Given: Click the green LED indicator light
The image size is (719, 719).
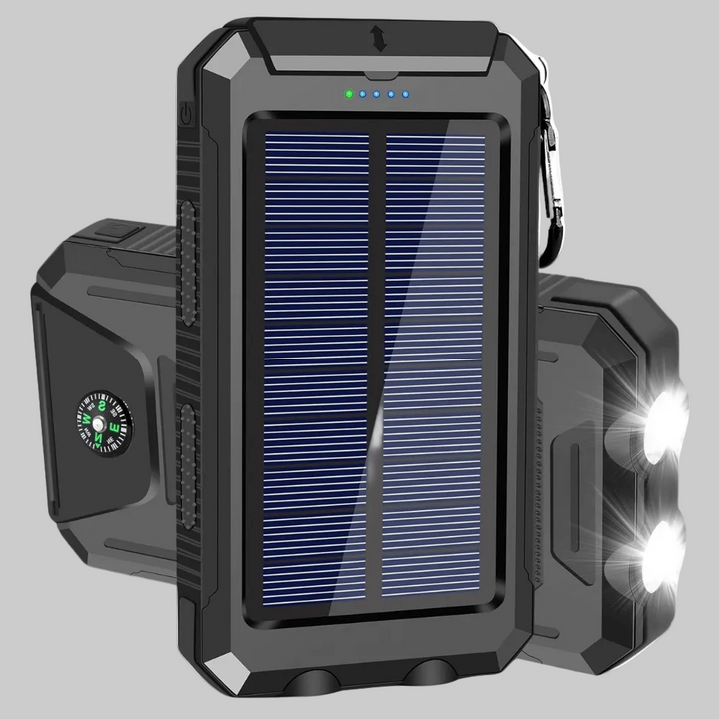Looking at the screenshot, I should (347, 96).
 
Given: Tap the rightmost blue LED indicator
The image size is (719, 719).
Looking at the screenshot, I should (406, 96).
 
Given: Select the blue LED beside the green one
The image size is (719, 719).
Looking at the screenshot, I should (362, 96).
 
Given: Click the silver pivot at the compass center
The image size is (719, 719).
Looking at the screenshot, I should (100, 423).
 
